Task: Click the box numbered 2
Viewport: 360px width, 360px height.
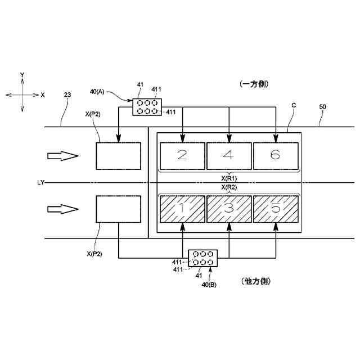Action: (182, 156)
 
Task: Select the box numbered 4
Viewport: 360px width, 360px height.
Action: (228, 156)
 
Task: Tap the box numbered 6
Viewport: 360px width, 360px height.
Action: (275, 156)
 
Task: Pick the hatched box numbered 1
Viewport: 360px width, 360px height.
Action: (182, 208)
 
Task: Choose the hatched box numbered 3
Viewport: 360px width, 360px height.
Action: (228, 208)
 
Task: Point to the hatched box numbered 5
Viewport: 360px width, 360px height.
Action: (275, 208)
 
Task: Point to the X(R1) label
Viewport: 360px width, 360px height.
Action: (228, 177)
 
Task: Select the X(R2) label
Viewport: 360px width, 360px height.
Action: (228, 187)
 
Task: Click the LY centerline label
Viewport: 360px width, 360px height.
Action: (40, 183)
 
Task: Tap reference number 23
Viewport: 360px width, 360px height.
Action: (67, 96)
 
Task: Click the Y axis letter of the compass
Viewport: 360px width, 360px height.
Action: (22, 75)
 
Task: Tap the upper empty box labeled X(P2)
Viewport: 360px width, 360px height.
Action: (118, 156)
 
